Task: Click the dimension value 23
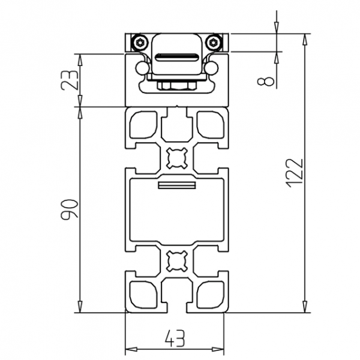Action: click(70, 80)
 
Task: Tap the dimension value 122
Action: click(293, 173)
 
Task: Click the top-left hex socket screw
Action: click(139, 42)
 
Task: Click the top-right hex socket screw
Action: click(212, 42)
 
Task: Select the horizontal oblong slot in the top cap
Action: click(176, 58)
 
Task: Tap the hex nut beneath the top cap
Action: click(176, 86)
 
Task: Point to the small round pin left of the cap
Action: click(143, 68)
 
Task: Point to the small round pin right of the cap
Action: click(211, 68)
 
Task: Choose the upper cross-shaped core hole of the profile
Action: click(176, 157)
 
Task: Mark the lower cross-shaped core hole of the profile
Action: click(176, 262)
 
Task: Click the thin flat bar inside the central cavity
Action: click(176, 185)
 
